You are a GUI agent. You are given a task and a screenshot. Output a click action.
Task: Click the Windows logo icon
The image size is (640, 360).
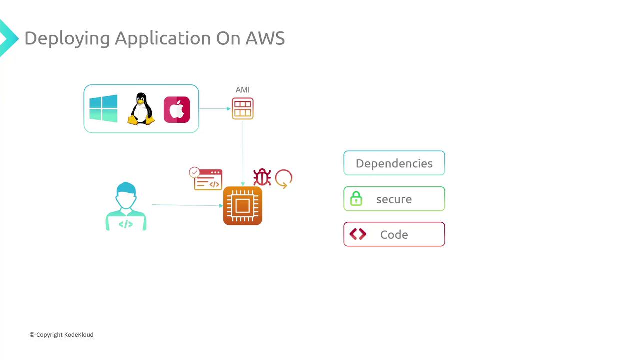[103, 108]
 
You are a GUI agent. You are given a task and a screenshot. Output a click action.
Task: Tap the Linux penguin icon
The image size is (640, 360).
[141, 109]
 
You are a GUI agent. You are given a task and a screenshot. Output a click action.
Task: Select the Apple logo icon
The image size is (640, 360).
[177, 109]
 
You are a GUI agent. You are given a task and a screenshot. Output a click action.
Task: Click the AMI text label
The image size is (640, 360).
[242, 90]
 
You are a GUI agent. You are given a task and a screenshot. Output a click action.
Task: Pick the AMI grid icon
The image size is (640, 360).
[242, 109]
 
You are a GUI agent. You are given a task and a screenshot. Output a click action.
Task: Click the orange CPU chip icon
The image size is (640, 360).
[242, 206]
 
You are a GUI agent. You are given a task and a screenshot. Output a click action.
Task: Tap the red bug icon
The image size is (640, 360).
[262, 177]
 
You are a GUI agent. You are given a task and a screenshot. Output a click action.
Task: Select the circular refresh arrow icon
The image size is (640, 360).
[283, 178]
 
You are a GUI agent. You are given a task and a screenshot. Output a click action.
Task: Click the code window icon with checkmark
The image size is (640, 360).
[207, 179]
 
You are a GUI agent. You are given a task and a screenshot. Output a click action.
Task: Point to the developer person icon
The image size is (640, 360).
[126, 206]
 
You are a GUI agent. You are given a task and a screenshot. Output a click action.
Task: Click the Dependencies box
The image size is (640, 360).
[394, 163]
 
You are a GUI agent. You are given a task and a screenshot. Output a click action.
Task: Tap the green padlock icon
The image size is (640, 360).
[356, 199]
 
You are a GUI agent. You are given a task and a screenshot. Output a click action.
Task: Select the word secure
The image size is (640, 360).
[394, 199]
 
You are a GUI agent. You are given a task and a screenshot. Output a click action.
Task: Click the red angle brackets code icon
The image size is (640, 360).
[358, 234]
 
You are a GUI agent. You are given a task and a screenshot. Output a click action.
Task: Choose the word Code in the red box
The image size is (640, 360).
[394, 235]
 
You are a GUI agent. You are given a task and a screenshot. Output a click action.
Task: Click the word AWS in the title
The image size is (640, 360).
[265, 38]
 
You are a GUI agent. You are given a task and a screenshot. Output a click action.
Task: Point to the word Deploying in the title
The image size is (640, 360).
[67, 39]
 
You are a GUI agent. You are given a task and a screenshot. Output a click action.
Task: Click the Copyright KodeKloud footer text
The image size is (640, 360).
[61, 335]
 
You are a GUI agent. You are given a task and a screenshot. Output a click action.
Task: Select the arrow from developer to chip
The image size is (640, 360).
[187, 205]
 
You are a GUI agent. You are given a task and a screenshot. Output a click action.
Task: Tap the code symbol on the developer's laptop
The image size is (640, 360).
[126, 224]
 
